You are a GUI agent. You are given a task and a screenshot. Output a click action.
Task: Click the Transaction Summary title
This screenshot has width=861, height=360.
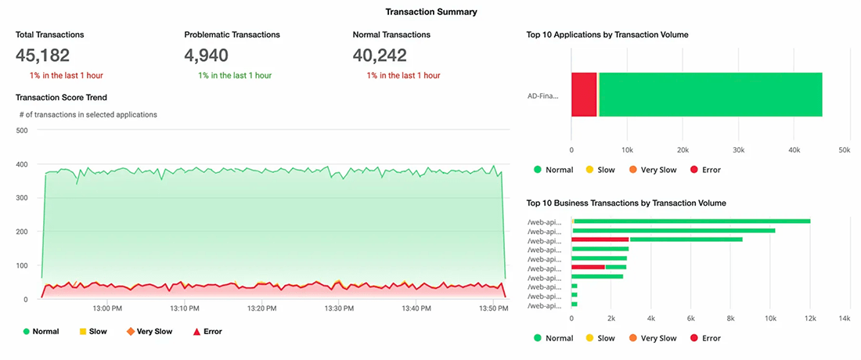(431, 12)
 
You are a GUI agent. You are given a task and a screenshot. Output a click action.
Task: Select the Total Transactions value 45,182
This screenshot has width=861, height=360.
(43, 56)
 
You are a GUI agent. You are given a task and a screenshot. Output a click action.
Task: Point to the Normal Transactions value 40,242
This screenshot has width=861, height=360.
(380, 56)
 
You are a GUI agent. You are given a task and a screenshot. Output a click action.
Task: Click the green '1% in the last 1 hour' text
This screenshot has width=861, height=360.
(235, 75)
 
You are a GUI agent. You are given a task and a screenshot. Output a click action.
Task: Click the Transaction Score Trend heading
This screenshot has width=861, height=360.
(61, 97)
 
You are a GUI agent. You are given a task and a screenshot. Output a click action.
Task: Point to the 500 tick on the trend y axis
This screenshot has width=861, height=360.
(21, 130)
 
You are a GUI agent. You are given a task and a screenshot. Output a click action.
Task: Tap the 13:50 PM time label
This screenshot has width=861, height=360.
(494, 308)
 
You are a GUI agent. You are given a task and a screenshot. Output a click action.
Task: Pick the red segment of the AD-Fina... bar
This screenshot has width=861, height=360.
(584, 95)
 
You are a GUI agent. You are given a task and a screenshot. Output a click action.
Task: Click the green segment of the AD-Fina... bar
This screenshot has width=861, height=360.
(710, 95)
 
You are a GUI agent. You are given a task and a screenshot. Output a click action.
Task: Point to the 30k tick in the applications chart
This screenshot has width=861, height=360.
(738, 149)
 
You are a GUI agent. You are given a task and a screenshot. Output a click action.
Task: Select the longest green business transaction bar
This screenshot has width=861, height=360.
(692, 221)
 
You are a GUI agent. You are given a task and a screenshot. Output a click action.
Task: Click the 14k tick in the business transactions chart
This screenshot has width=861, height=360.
(845, 319)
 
